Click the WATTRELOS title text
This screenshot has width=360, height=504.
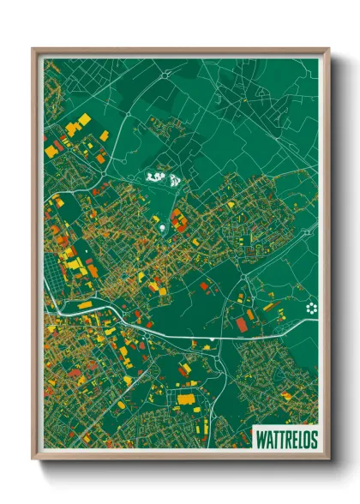286,439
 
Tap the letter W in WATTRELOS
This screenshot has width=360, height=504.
261,439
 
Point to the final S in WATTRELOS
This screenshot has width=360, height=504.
313,439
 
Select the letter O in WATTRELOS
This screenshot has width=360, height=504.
306,439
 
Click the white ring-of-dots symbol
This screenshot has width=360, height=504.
310,309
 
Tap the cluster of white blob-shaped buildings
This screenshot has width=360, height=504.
162,178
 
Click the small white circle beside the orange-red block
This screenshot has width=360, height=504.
161,229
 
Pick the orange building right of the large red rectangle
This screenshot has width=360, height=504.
250,315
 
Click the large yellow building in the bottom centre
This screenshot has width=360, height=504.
186,399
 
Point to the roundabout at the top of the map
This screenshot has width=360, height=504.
165,75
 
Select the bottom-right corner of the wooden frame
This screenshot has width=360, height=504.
327,458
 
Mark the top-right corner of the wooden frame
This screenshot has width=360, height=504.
327,50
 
